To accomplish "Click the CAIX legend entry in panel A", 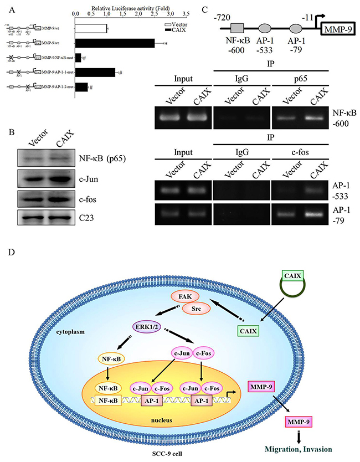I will point(178,28).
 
